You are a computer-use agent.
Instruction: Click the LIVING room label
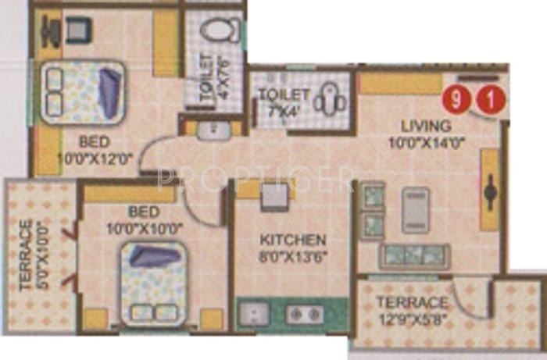[x=426, y=126]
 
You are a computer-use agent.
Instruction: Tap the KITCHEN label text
[x=294, y=240]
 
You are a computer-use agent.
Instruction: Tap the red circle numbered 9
[x=452, y=100]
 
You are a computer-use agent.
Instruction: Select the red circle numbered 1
[x=490, y=100]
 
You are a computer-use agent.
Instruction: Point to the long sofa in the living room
[x=414, y=256]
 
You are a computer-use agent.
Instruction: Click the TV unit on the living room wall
[x=490, y=189]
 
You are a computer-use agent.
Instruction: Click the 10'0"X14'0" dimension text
[x=426, y=143]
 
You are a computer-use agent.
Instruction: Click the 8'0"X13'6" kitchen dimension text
[x=294, y=255]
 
